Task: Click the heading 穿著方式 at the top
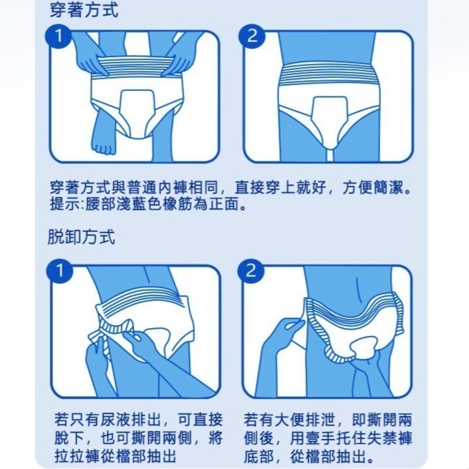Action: coord(84,10)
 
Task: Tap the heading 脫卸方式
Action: coord(81,237)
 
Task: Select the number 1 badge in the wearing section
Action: coord(58,37)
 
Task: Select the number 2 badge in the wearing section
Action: coord(251,37)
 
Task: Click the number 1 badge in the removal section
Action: coord(58,270)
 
